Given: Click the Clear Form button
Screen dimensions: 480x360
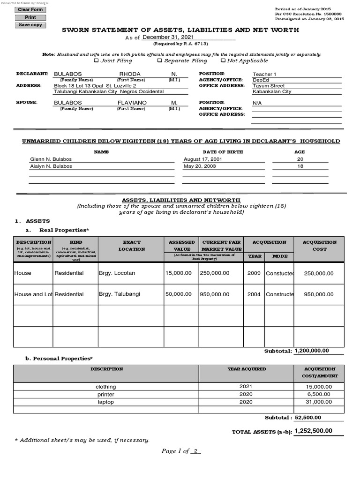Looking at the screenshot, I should pos(30,9).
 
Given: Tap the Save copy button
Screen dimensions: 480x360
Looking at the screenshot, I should pos(30,25).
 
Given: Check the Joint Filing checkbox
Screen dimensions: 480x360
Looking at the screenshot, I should pos(97,60).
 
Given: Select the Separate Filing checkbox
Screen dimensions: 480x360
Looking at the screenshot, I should pos(159,60).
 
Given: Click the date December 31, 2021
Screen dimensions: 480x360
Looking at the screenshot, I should pos(167,37).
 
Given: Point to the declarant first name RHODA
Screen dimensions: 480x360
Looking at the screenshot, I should pos(130,74).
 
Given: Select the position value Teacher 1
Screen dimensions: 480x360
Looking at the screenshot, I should pos(265,74).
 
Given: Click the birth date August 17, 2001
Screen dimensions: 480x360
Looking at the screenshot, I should pos(202,159).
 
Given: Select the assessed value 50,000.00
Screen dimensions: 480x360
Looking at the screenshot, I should pos(178,294).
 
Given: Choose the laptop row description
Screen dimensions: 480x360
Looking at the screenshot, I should pos(105,402).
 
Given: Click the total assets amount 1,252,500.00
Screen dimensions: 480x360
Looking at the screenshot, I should pos(313,431).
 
